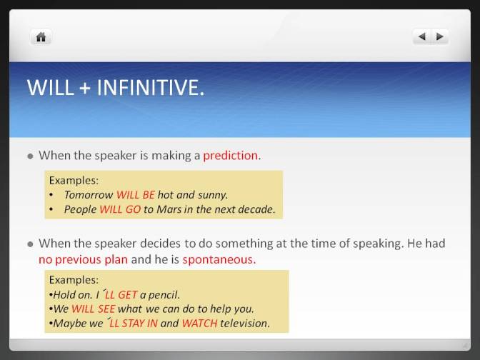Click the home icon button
tap(41, 37)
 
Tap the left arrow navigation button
tap(422, 36)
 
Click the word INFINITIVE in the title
tap(150, 88)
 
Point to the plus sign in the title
tap(85, 88)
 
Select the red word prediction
tap(231, 156)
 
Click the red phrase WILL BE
tap(136, 195)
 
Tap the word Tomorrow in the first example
tap(89, 195)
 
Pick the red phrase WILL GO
tap(120, 209)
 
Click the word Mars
tap(169, 209)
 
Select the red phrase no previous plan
tap(83, 259)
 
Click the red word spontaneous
tap(219, 259)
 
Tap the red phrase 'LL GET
tap(120, 294)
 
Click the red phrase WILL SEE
tap(93, 309)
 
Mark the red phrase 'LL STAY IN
tap(132, 324)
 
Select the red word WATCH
tap(199, 324)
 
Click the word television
tap(244, 324)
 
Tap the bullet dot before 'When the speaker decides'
tap(30, 244)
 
